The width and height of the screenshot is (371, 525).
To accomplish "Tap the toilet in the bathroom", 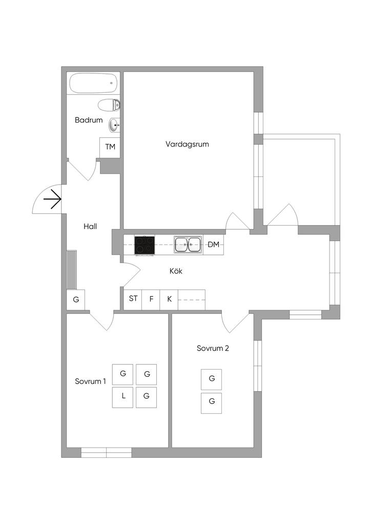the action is tap(109, 105).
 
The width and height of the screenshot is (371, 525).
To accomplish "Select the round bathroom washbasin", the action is tap(114, 126).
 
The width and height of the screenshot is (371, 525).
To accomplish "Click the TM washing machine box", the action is tap(110, 148).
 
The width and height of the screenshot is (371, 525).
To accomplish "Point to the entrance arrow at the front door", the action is tap(52, 199).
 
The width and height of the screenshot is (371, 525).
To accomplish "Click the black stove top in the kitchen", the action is tap(145, 245).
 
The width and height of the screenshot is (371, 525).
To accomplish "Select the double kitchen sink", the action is tap(188, 245).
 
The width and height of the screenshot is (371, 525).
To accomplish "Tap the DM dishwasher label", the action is tap(214, 245).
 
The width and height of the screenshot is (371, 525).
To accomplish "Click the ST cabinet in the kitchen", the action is tap(133, 299).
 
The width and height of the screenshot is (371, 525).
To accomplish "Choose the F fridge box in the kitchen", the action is tap(151, 299).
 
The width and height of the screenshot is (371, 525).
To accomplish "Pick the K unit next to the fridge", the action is tap(169, 299).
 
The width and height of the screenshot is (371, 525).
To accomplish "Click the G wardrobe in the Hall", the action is tap(76, 299).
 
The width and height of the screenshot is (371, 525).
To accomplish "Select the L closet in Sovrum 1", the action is tap(123, 397).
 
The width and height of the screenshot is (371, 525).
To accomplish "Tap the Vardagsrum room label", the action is tap(187, 144).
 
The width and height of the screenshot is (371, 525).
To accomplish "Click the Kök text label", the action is tap(176, 271).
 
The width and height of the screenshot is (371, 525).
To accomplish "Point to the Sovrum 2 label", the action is tap(213, 348).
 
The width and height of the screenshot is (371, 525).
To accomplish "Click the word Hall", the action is tap(90, 227).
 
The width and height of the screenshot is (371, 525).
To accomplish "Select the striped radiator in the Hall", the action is tap(72, 270).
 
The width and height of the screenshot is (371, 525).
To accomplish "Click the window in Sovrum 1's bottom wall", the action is tap(107, 452).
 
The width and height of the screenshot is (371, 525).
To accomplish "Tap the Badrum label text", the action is tap(89, 120).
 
